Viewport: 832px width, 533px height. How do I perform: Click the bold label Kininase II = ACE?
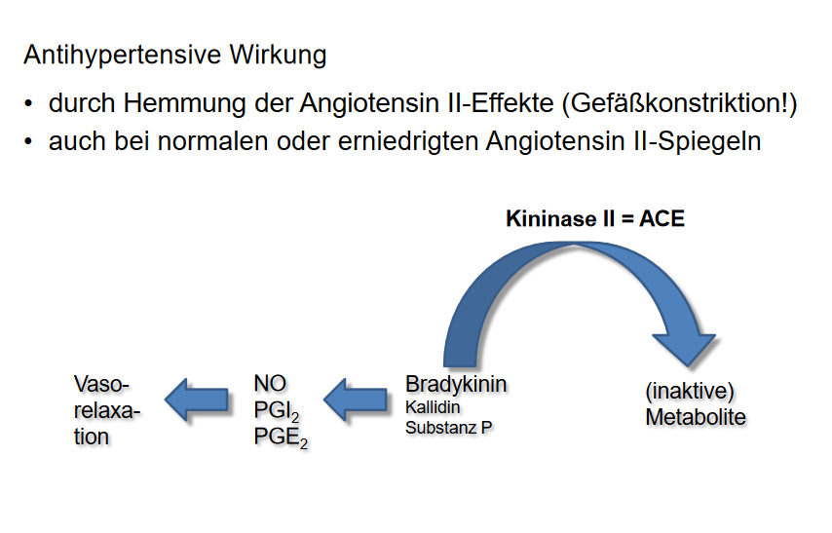[x=594, y=218]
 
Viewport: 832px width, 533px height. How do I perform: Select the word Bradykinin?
[x=456, y=384]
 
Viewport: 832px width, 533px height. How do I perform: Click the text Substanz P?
[x=449, y=426]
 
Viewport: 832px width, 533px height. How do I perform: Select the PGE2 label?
[x=280, y=438]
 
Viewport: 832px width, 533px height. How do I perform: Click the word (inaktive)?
[x=689, y=392]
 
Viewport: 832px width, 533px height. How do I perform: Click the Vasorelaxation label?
[x=106, y=410]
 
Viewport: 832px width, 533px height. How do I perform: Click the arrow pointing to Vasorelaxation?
[x=197, y=399]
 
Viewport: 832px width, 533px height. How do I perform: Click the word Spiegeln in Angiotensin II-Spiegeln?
[x=712, y=141]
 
